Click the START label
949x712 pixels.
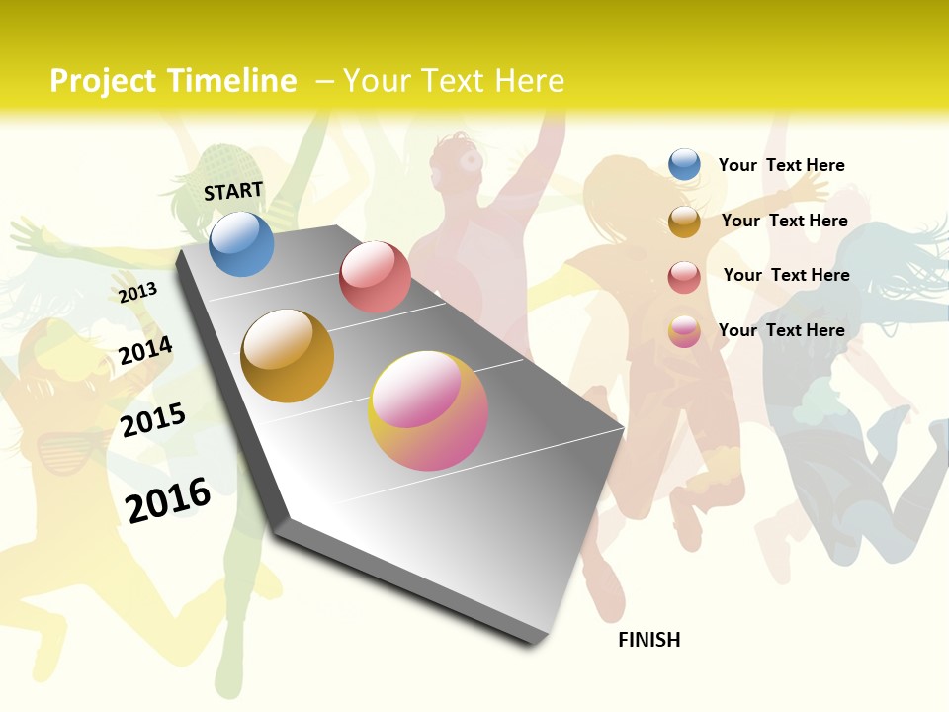pos(233,190)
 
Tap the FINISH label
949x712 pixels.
pos(649,640)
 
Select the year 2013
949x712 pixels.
pos(137,292)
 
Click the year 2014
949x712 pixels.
pos(145,351)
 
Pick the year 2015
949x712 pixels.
pos(153,419)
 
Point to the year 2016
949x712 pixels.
pos(168,499)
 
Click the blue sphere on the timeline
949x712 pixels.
pos(241,243)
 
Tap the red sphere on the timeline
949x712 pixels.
pos(375,277)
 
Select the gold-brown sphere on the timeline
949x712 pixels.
pos(288,356)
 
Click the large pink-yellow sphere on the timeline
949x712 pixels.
pos(428,410)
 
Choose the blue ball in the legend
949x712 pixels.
pos(684,164)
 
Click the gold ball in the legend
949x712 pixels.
pos(684,222)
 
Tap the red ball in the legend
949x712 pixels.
pos(684,277)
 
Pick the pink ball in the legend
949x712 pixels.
pos(684,331)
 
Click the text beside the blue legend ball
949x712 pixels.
pos(782,165)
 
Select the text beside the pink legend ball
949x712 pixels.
pos(782,330)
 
